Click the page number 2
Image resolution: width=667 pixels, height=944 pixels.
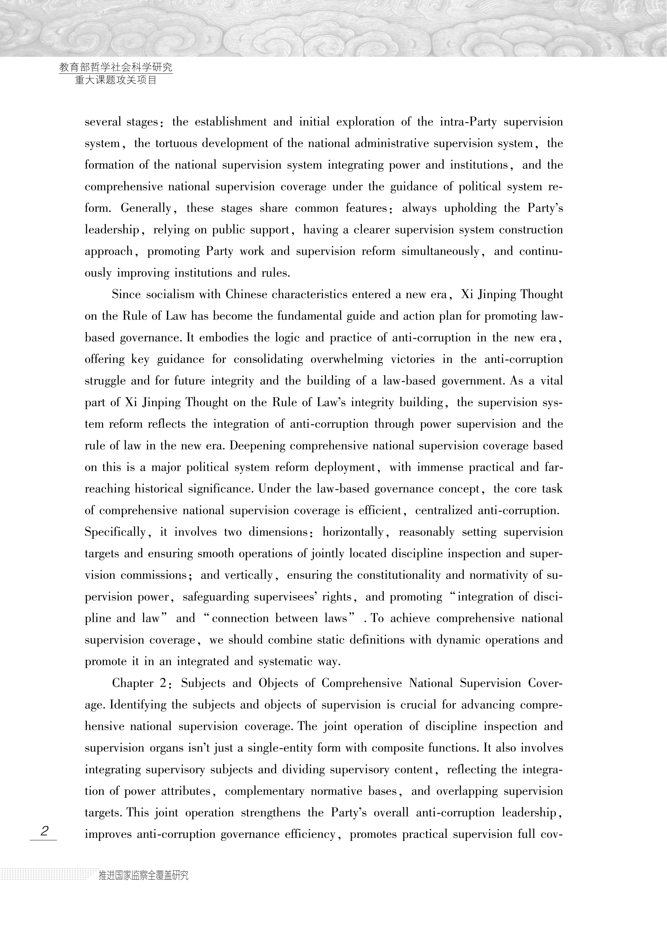click(44, 831)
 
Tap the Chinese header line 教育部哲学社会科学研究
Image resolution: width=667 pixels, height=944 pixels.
click(116, 67)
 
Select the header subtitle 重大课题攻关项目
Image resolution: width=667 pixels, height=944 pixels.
click(116, 80)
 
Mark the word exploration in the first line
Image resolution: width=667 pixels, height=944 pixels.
click(365, 122)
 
